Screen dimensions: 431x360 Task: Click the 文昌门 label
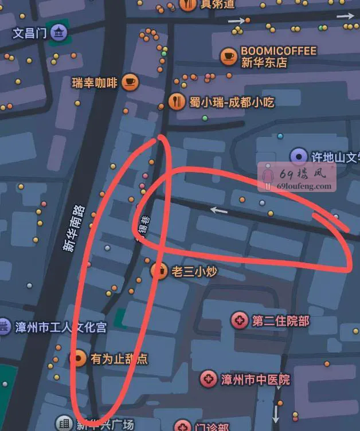point(29,33)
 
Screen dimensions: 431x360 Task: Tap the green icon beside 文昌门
point(58,33)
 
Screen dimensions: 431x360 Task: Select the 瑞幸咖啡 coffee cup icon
point(130,83)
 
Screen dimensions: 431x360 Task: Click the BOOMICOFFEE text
point(279,51)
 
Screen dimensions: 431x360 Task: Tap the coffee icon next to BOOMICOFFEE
point(229,56)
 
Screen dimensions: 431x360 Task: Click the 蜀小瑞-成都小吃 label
point(232,103)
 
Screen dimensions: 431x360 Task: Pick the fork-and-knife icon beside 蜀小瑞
point(177,102)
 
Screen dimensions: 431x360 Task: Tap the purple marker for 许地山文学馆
point(298,156)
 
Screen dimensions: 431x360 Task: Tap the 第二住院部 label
point(280,321)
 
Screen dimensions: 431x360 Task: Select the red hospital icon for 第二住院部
point(240,321)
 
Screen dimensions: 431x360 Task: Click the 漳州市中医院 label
point(255,379)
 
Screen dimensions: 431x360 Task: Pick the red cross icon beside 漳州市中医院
point(209,379)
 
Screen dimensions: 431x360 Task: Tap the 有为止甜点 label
point(119,359)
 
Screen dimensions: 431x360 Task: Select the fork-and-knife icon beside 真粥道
point(187,5)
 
